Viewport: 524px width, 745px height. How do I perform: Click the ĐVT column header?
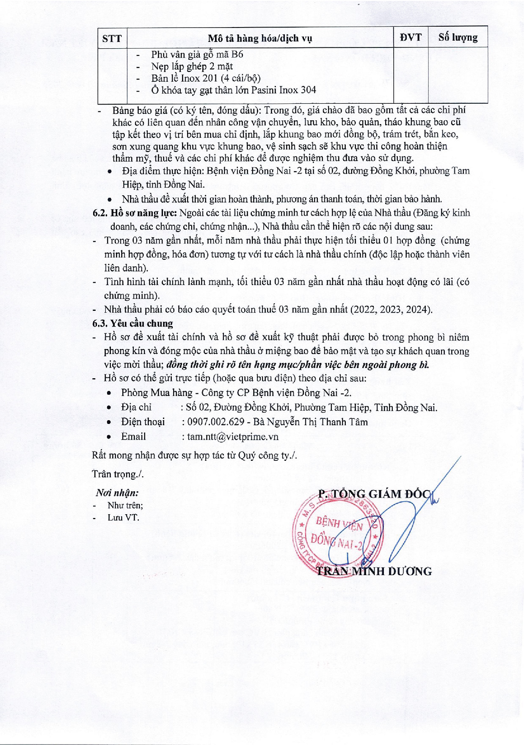tap(411, 38)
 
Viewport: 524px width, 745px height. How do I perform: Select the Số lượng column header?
tap(458, 38)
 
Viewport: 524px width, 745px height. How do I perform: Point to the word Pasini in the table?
tap(265, 90)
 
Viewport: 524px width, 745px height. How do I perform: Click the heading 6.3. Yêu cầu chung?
tap(133, 324)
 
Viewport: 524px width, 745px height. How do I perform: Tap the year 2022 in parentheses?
tap(362, 310)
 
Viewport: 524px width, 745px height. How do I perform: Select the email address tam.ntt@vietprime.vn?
tap(233, 437)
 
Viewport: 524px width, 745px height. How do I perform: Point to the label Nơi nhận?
tap(117, 493)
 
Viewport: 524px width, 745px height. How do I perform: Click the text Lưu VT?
tap(123, 518)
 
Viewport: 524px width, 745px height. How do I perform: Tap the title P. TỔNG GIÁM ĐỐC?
tap(375, 494)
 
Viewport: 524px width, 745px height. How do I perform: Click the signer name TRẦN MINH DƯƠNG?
tap(375, 571)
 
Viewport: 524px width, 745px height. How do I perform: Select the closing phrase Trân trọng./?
tap(118, 474)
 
